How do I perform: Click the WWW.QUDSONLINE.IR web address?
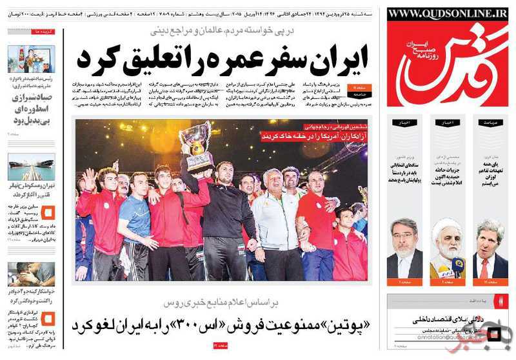tap(448, 14)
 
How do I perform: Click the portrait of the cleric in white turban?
tap(448, 248)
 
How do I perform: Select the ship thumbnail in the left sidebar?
tap(31, 166)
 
